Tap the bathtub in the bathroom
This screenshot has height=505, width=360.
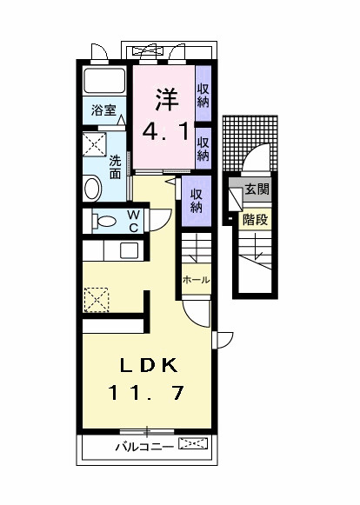click(105, 84)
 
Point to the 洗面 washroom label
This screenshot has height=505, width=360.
click(115, 166)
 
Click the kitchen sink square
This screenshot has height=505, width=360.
click(130, 252)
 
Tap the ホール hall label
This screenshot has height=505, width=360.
click(194, 280)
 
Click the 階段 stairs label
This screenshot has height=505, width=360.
click(256, 219)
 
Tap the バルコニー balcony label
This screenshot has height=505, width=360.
click(144, 448)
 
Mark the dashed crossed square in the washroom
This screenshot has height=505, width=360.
click(94, 144)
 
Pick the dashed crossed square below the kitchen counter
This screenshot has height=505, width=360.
click(97, 300)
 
